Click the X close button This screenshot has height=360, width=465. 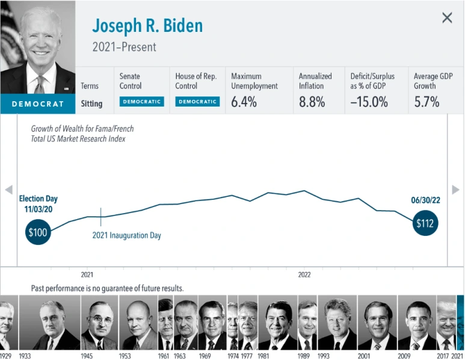coord(447,18)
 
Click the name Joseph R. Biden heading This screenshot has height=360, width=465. coord(147,26)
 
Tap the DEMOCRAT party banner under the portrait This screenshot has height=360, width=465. coord(37,104)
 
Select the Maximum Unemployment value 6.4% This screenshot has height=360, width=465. coord(244,102)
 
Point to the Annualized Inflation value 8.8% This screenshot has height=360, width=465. coord(312,102)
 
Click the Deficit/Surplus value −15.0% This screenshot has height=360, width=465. coord(369,102)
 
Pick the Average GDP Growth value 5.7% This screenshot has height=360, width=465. coord(427,102)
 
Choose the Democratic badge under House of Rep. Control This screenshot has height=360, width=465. coord(197,102)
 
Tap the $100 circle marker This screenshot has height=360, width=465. coord(38,232)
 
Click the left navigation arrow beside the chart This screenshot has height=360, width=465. coord(8,190)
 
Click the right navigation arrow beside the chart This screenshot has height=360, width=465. coord(456,190)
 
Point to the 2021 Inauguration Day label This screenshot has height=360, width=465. coord(126,235)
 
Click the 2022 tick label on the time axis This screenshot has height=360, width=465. coord(304,275)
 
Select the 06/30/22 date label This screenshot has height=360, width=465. coord(425,200)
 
